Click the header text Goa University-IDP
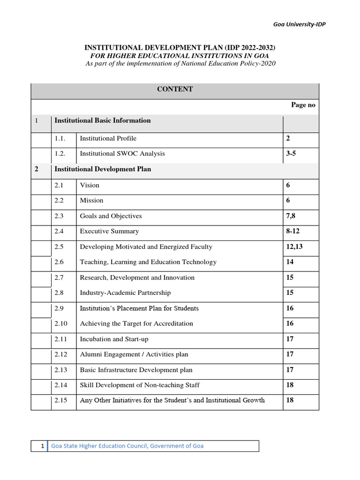300,24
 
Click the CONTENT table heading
175,89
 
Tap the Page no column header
303,105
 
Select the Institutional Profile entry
108,139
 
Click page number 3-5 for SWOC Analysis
291,154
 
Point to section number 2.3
59,216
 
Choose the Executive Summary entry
109,232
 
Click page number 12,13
294,247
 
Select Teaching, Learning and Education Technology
148,262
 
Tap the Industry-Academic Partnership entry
125,293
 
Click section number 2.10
61,323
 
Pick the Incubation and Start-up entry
114,339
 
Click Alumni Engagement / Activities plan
134,354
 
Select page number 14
290,262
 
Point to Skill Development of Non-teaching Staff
140,385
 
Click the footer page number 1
42,446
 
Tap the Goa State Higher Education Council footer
127,446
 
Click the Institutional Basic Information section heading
103,120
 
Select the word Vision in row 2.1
90,185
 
